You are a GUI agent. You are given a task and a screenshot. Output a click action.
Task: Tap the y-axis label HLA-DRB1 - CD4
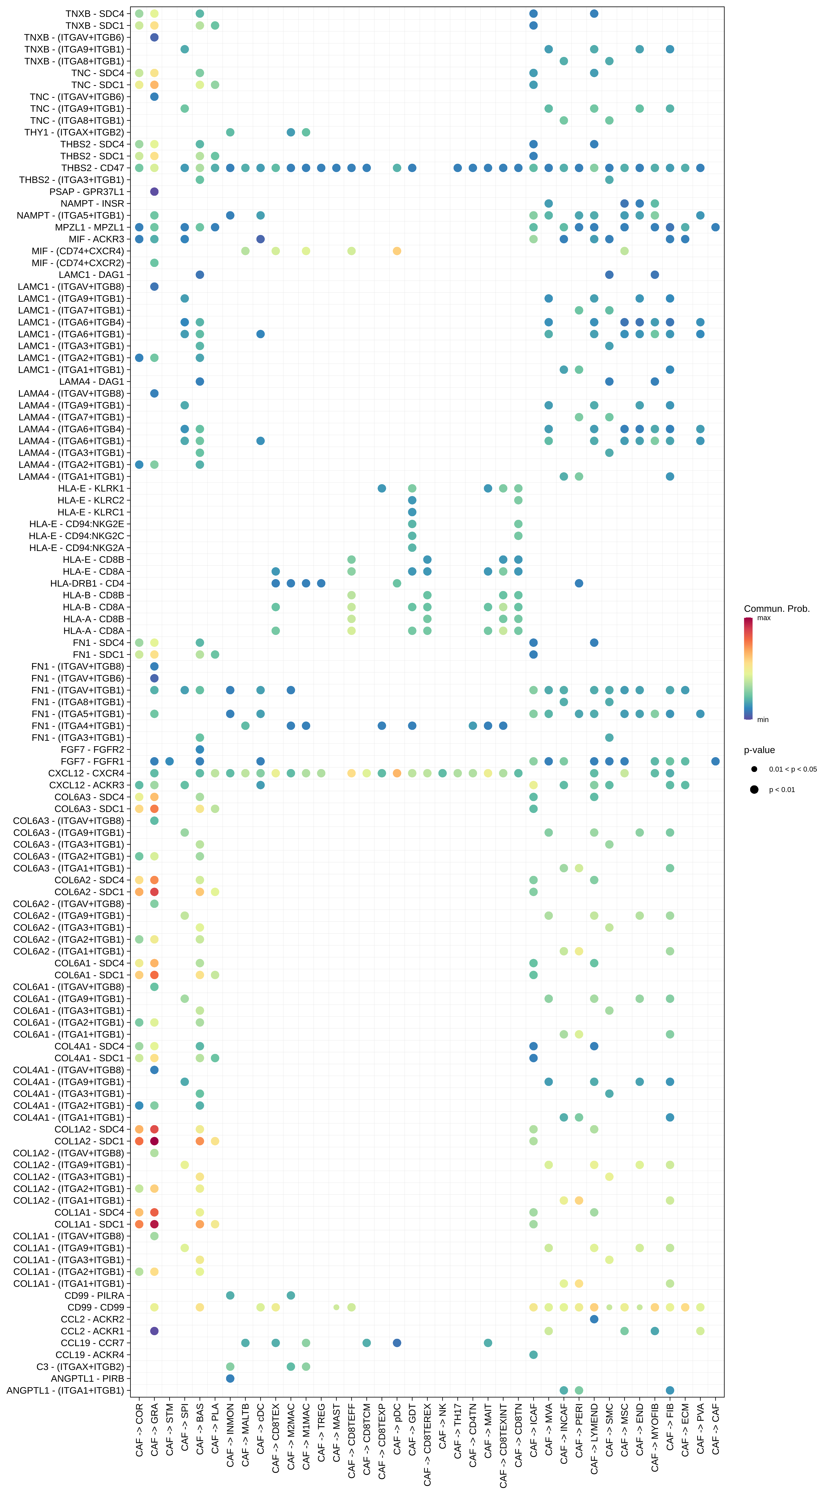click(87, 583)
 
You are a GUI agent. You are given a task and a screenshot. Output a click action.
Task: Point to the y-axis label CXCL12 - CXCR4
click(86, 773)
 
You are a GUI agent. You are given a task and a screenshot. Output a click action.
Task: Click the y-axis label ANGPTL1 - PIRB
click(87, 1378)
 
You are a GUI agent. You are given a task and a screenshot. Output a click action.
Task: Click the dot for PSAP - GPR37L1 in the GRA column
click(154, 191)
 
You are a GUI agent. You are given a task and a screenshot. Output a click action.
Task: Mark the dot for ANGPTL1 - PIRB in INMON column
click(230, 1378)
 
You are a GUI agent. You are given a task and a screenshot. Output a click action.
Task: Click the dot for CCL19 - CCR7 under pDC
click(397, 1343)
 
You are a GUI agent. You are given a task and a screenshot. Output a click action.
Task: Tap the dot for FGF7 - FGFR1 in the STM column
click(169, 761)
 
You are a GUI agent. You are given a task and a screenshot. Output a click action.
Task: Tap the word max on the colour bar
click(764, 618)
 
